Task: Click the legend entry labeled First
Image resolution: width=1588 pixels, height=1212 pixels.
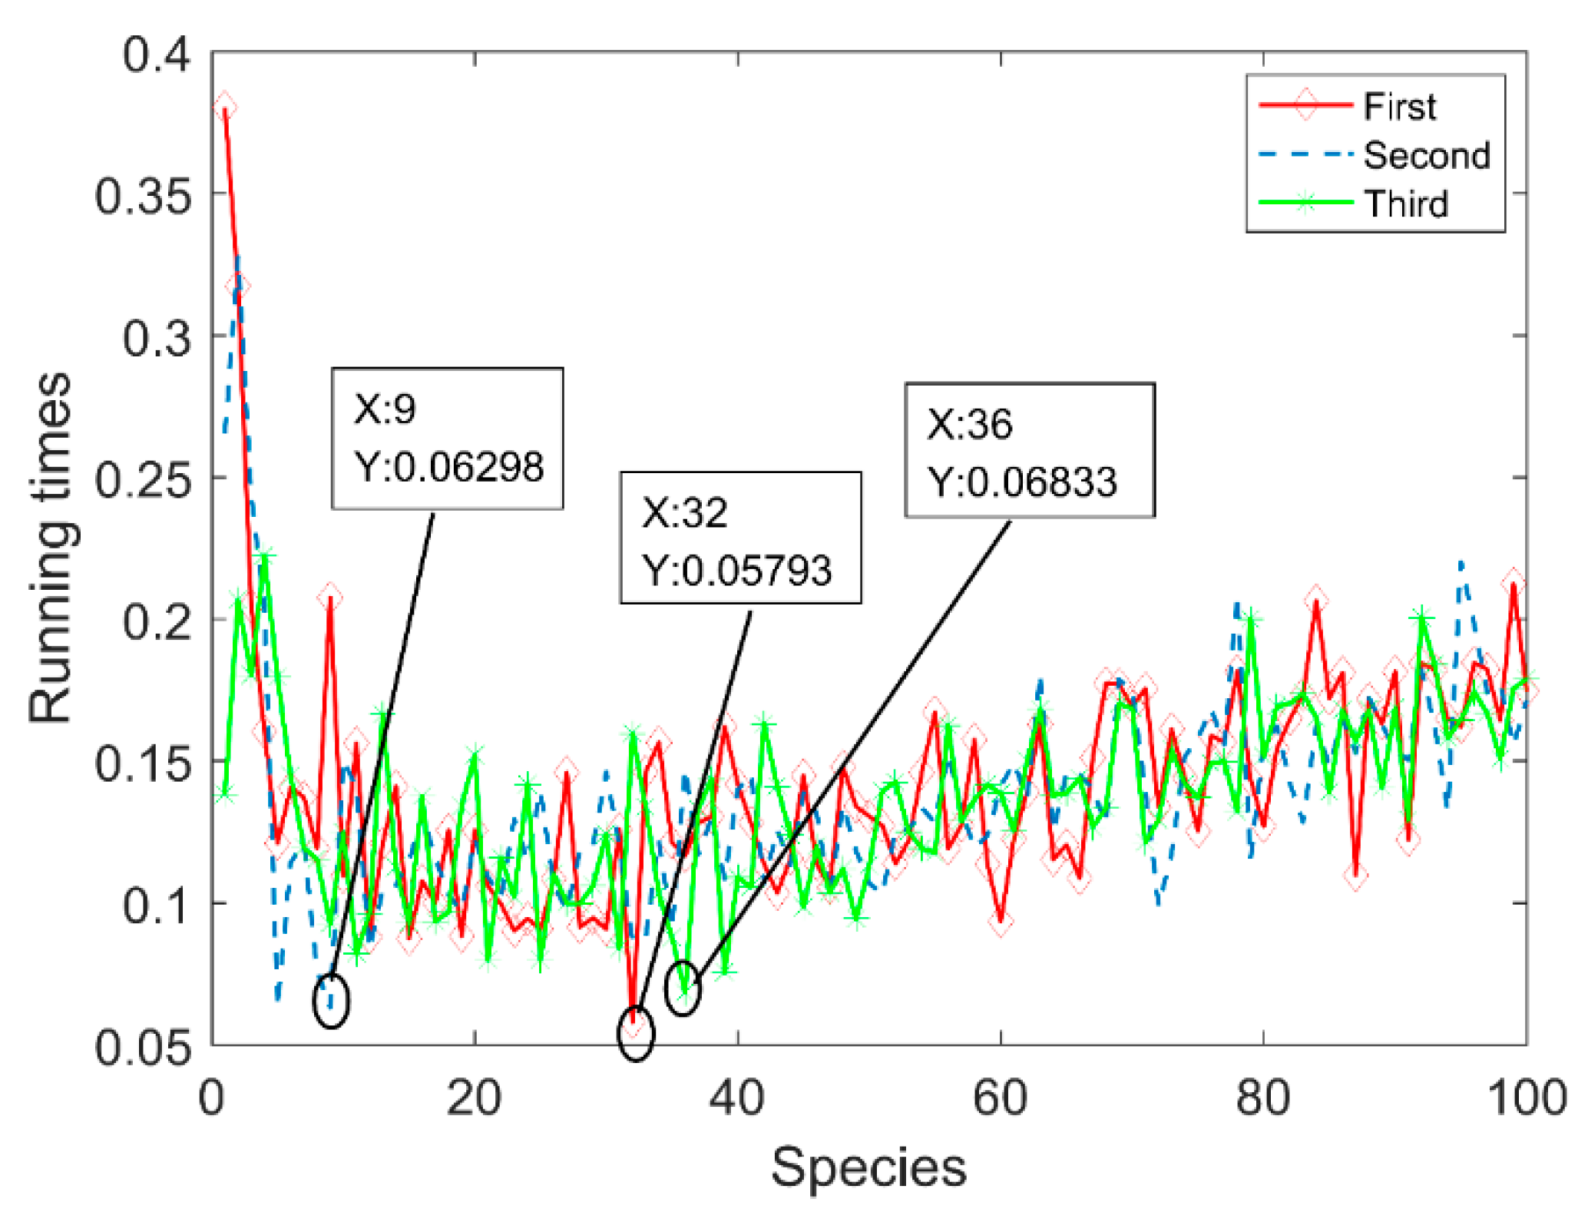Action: click(x=1398, y=106)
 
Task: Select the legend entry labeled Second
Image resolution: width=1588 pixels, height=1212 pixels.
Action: click(x=1426, y=155)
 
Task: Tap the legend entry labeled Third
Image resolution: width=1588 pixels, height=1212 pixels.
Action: click(x=1406, y=204)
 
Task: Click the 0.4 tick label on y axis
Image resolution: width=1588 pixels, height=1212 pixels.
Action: click(x=157, y=55)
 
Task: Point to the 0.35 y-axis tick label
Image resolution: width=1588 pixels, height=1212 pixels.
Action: click(x=143, y=196)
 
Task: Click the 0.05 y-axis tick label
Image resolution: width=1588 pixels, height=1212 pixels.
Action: click(x=143, y=1046)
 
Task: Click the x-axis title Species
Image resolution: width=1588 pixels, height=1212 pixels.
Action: click(x=868, y=1167)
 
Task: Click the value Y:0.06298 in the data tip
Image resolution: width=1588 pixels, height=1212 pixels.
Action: click(x=448, y=466)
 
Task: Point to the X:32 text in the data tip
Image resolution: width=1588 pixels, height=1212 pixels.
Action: click(x=684, y=512)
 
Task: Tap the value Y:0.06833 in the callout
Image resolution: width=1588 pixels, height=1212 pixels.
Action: click(x=1022, y=482)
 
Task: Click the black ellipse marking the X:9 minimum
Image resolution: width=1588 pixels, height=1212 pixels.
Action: click(x=332, y=1000)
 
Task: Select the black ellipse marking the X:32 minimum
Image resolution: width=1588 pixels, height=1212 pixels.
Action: click(x=636, y=1033)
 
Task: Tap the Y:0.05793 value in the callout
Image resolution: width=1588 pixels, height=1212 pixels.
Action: click(x=737, y=570)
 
